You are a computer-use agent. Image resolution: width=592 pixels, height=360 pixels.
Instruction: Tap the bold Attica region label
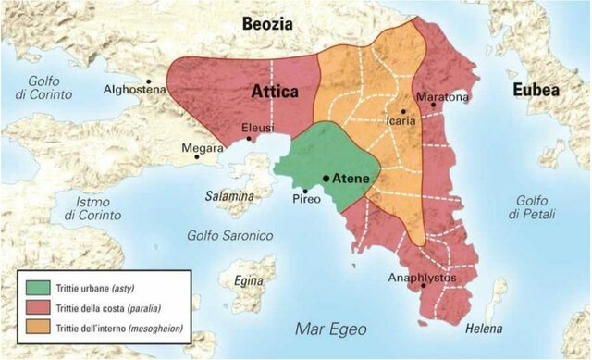[x=275, y=92]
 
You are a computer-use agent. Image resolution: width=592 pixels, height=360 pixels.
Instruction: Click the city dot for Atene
[x=326, y=178]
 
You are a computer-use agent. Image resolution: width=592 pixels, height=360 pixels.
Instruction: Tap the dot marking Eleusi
[x=249, y=140]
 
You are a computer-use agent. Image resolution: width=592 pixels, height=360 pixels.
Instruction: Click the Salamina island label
[x=229, y=196]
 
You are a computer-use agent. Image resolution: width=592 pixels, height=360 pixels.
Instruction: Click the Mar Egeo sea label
[x=329, y=329]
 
